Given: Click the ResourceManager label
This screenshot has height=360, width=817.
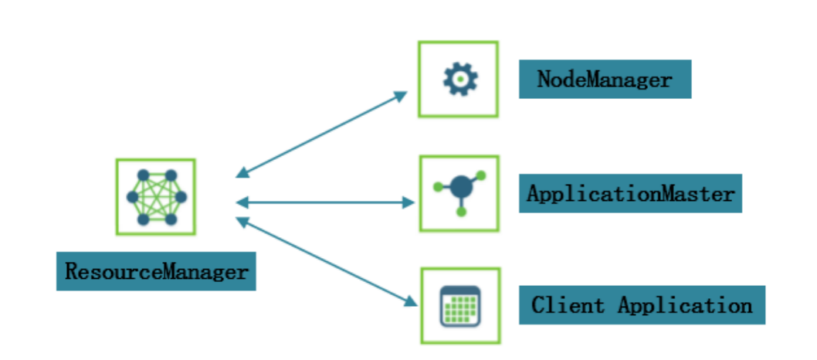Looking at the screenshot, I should coord(156,272).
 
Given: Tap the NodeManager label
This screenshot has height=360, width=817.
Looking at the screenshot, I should coord(605,80).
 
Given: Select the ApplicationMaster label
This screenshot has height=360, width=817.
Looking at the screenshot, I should coord(630,193).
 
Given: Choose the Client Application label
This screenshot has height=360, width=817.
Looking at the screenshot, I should coord(642,305).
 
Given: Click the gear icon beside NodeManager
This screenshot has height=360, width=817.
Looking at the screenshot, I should coord(459,79).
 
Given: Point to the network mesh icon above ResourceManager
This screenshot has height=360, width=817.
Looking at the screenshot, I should coord(156,197).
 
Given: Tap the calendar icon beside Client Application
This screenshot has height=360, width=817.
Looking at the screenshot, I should coord(460,306).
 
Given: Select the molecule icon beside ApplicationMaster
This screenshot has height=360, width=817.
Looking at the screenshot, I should coord(459,192).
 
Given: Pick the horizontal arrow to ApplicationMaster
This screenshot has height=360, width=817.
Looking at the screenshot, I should coord(324,202).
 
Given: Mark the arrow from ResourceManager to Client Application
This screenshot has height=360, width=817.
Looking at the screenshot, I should coord(324,260).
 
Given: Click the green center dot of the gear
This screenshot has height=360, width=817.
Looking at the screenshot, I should coord(459,79).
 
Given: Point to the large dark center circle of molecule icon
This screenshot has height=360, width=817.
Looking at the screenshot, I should coord(461,187).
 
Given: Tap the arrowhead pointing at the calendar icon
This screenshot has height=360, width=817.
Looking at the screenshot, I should coord(409,301).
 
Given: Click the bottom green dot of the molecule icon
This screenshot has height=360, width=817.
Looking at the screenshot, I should coord(461,211).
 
